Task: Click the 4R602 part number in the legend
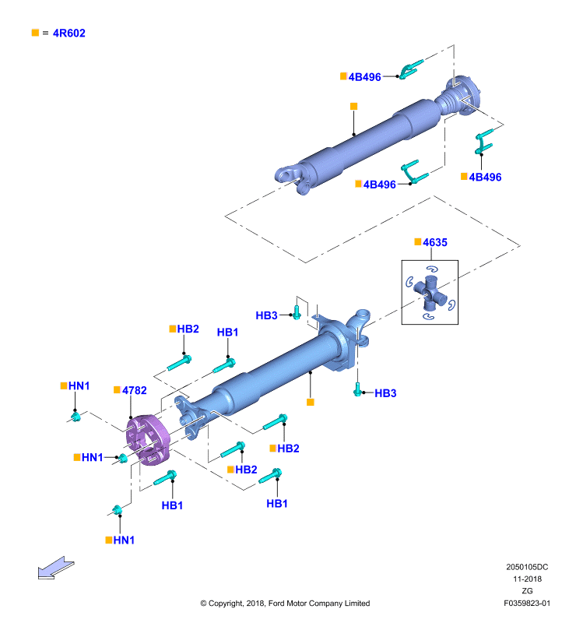[69, 33]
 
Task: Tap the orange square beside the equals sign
[35, 33]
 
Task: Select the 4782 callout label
[134, 391]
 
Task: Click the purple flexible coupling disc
[148, 439]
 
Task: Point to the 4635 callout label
[435, 242]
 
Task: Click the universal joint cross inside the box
[430, 293]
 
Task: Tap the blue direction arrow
[56, 568]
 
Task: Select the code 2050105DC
[527, 567]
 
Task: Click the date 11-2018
[527, 579]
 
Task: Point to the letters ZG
[527, 591]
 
